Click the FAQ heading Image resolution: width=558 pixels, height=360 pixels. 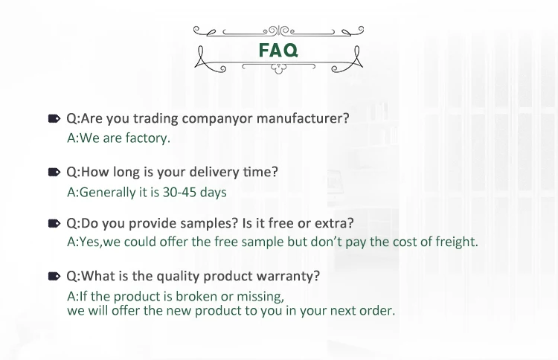point(279,51)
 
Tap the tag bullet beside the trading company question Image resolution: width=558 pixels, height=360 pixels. point(54,118)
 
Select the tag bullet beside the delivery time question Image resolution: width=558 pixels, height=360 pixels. point(54,172)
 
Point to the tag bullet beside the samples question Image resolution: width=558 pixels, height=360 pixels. point(54,223)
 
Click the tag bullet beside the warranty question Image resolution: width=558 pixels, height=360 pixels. point(54,276)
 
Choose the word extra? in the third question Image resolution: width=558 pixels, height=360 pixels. point(333,223)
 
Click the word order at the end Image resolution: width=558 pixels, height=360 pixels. point(379,311)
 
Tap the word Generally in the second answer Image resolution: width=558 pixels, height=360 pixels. point(105,192)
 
